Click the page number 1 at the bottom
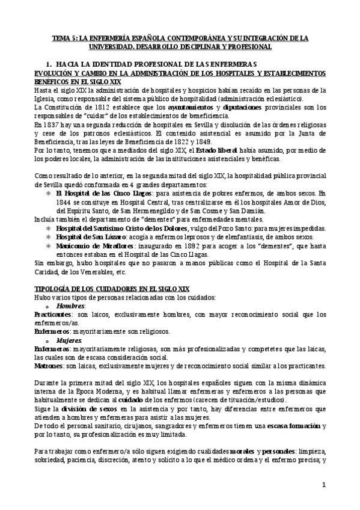tap(323, 485)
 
